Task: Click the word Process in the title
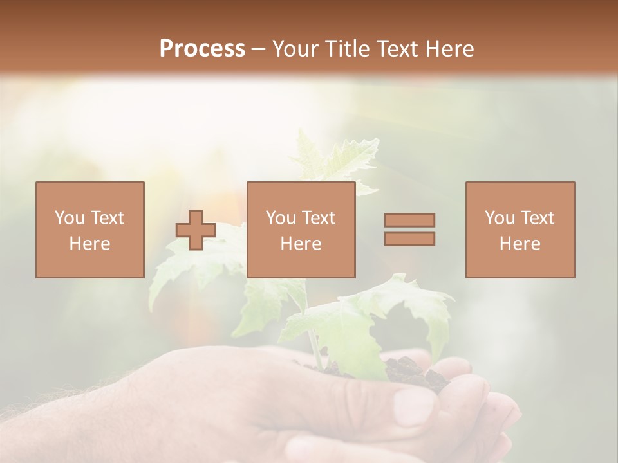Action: pyautogui.click(x=202, y=49)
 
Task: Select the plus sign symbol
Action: pyautogui.click(x=196, y=230)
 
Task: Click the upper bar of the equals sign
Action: pyautogui.click(x=409, y=220)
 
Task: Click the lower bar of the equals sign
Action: pyautogui.click(x=409, y=239)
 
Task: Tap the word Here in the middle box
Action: pyautogui.click(x=301, y=244)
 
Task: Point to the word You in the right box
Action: pyautogui.click(x=500, y=218)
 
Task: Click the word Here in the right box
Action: pyautogui.click(x=520, y=244)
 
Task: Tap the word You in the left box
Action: pyautogui.click(x=69, y=218)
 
